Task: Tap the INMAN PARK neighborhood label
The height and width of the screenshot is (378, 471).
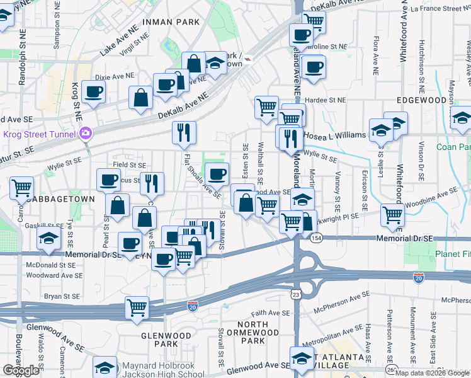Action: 171,22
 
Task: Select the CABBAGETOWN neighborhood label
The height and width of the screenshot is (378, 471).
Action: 65,198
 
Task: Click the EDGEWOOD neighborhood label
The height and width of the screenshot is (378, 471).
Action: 422,100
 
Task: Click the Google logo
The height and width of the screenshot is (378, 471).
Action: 21,370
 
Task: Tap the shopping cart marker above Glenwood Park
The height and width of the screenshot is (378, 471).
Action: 137,308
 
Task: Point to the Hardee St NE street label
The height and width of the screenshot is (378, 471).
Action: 326,100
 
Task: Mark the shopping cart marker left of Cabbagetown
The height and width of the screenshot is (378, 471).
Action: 22,187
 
